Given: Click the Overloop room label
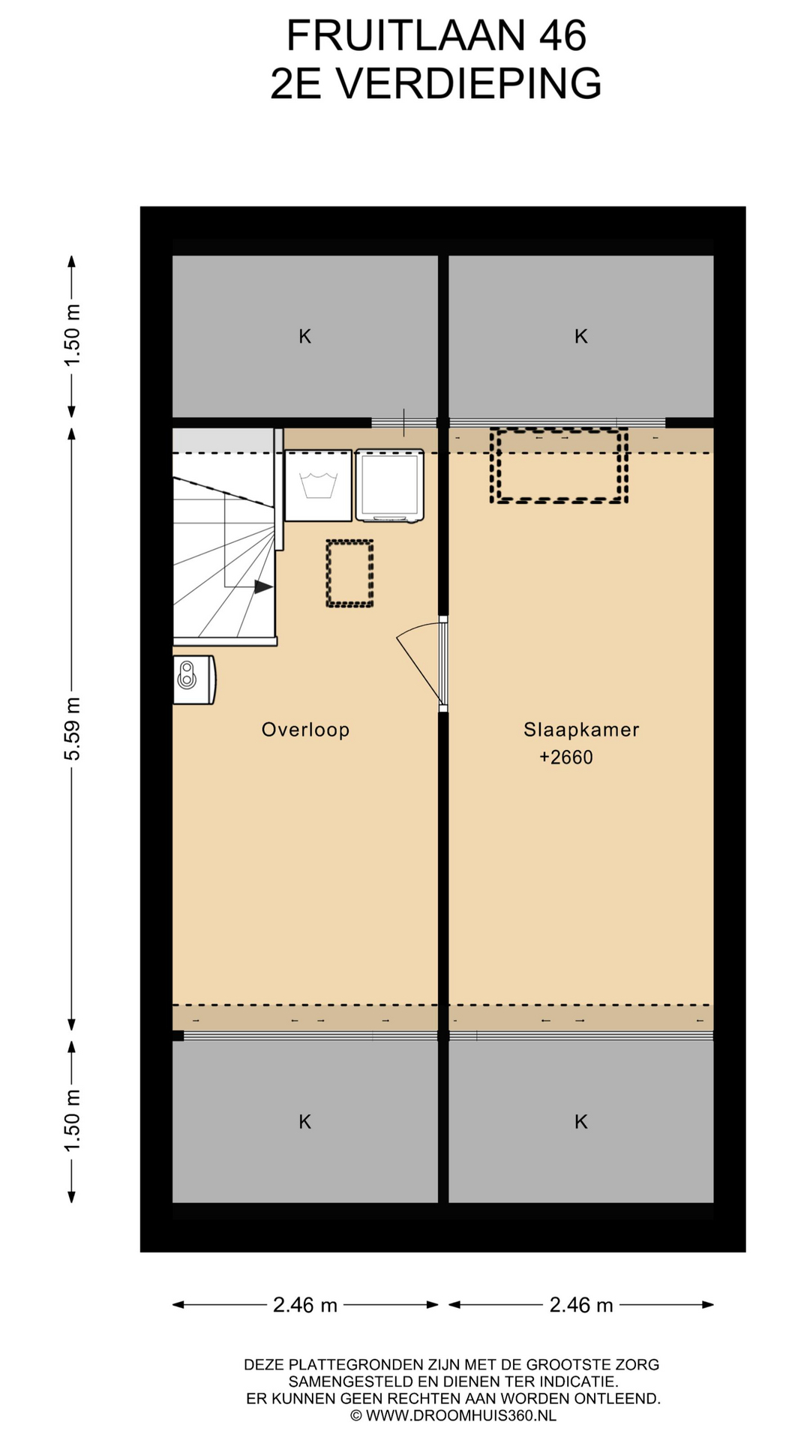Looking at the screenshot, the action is (x=305, y=730).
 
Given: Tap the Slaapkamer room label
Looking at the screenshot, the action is (x=581, y=730).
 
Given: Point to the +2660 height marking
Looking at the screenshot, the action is (x=566, y=757).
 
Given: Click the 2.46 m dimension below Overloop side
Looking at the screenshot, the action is (x=305, y=1306).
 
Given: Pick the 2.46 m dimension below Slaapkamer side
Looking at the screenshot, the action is (x=581, y=1306).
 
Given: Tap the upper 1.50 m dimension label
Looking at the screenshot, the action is (x=72, y=336).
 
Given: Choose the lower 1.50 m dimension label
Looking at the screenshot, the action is (x=72, y=1121).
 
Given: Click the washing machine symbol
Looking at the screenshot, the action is (x=318, y=485).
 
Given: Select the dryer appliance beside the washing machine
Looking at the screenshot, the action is (x=389, y=485).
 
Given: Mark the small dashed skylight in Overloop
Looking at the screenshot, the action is (x=349, y=573).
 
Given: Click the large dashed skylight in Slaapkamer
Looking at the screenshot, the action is (x=559, y=465).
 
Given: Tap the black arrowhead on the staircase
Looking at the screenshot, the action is (x=263, y=587).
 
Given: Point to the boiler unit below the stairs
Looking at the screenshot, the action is (x=194, y=679).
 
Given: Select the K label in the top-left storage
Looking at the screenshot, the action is (x=305, y=337).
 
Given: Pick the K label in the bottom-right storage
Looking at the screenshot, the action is (x=581, y=1122).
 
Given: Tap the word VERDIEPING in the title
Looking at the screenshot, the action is (x=469, y=83).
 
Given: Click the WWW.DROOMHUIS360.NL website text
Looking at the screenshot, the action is (x=460, y=1416).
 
